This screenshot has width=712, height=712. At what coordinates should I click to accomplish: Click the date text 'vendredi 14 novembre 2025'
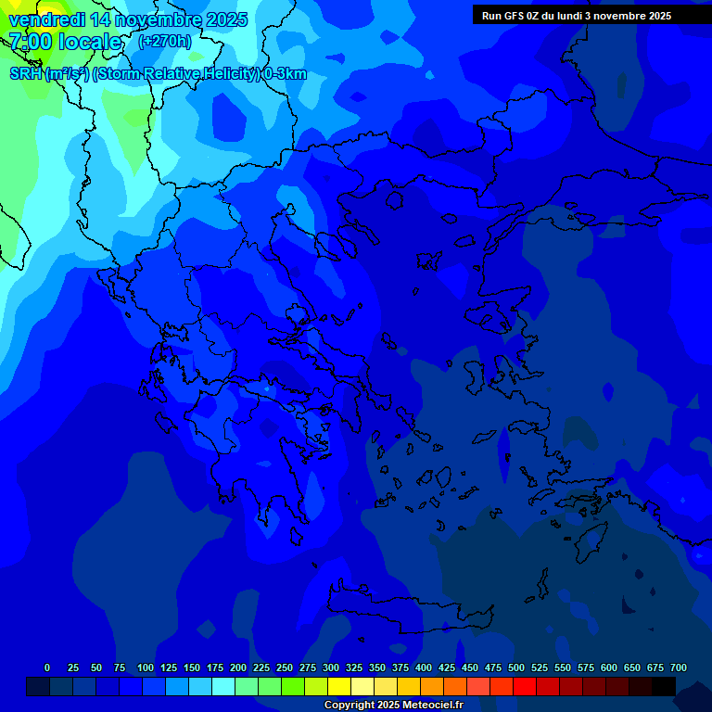click(128, 19)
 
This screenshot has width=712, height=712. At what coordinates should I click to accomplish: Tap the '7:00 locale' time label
click(65, 42)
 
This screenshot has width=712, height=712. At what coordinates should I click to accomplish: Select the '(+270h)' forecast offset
click(165, 41)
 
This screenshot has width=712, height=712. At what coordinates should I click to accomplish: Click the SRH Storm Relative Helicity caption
click(158, 74)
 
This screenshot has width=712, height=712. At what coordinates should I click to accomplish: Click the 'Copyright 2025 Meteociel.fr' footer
click(393, 705)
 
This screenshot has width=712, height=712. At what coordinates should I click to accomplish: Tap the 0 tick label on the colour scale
click(47, 667)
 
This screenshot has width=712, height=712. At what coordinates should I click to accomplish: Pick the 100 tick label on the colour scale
click(146, 667)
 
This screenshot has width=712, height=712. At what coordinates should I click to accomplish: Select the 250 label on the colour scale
click(285, 667)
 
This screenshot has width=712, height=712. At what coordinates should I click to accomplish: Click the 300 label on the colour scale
click(331, 667)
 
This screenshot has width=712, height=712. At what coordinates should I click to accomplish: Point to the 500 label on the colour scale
click(516, 667)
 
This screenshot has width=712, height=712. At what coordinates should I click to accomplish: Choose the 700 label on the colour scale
click(679, 667)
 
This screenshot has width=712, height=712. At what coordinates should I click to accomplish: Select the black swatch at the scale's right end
click(664, 687)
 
